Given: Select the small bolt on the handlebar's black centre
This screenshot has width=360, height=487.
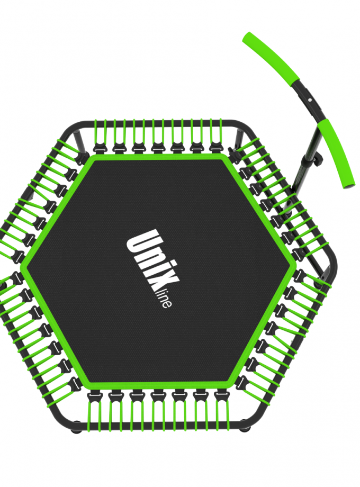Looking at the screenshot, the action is pos(309,100).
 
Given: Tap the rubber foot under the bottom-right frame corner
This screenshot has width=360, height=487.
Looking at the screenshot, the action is pos(245,430).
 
